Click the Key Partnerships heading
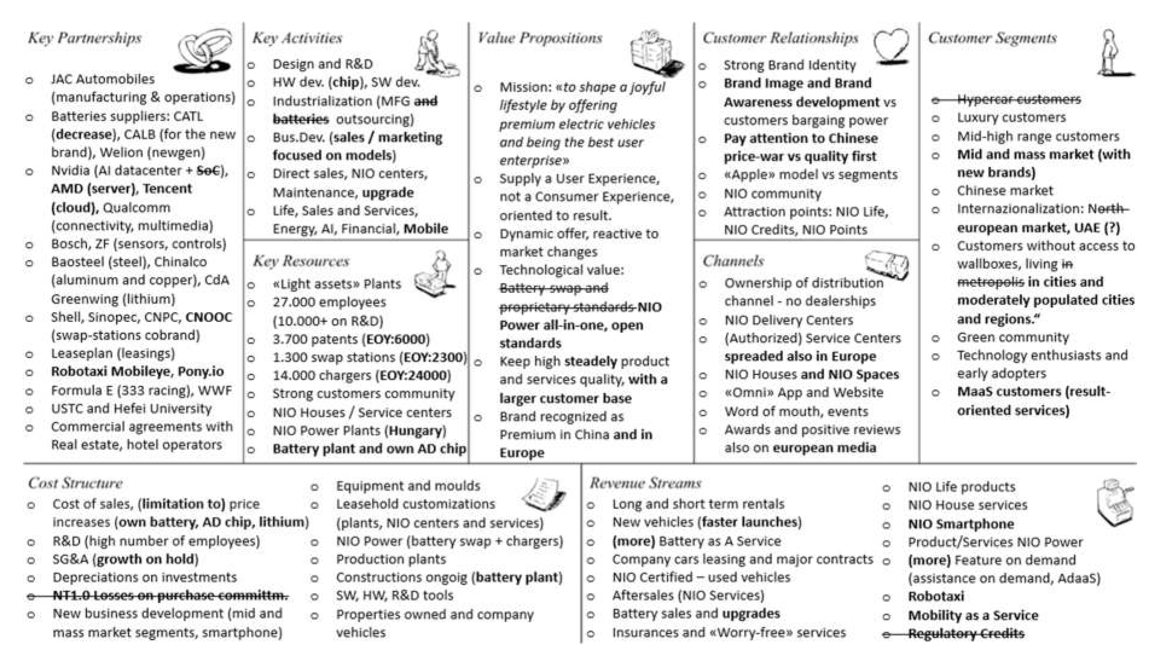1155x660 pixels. tap(85, 38)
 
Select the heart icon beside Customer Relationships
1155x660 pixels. tap(891, 45)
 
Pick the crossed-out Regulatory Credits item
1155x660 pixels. tap(966, 633)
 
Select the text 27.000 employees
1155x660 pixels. tap(329, 302)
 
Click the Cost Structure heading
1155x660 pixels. tap(75, 483)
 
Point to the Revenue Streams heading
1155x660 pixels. tap(645, 483)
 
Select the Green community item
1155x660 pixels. tap(1013, 337)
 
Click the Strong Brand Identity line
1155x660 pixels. tap(789, 65)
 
